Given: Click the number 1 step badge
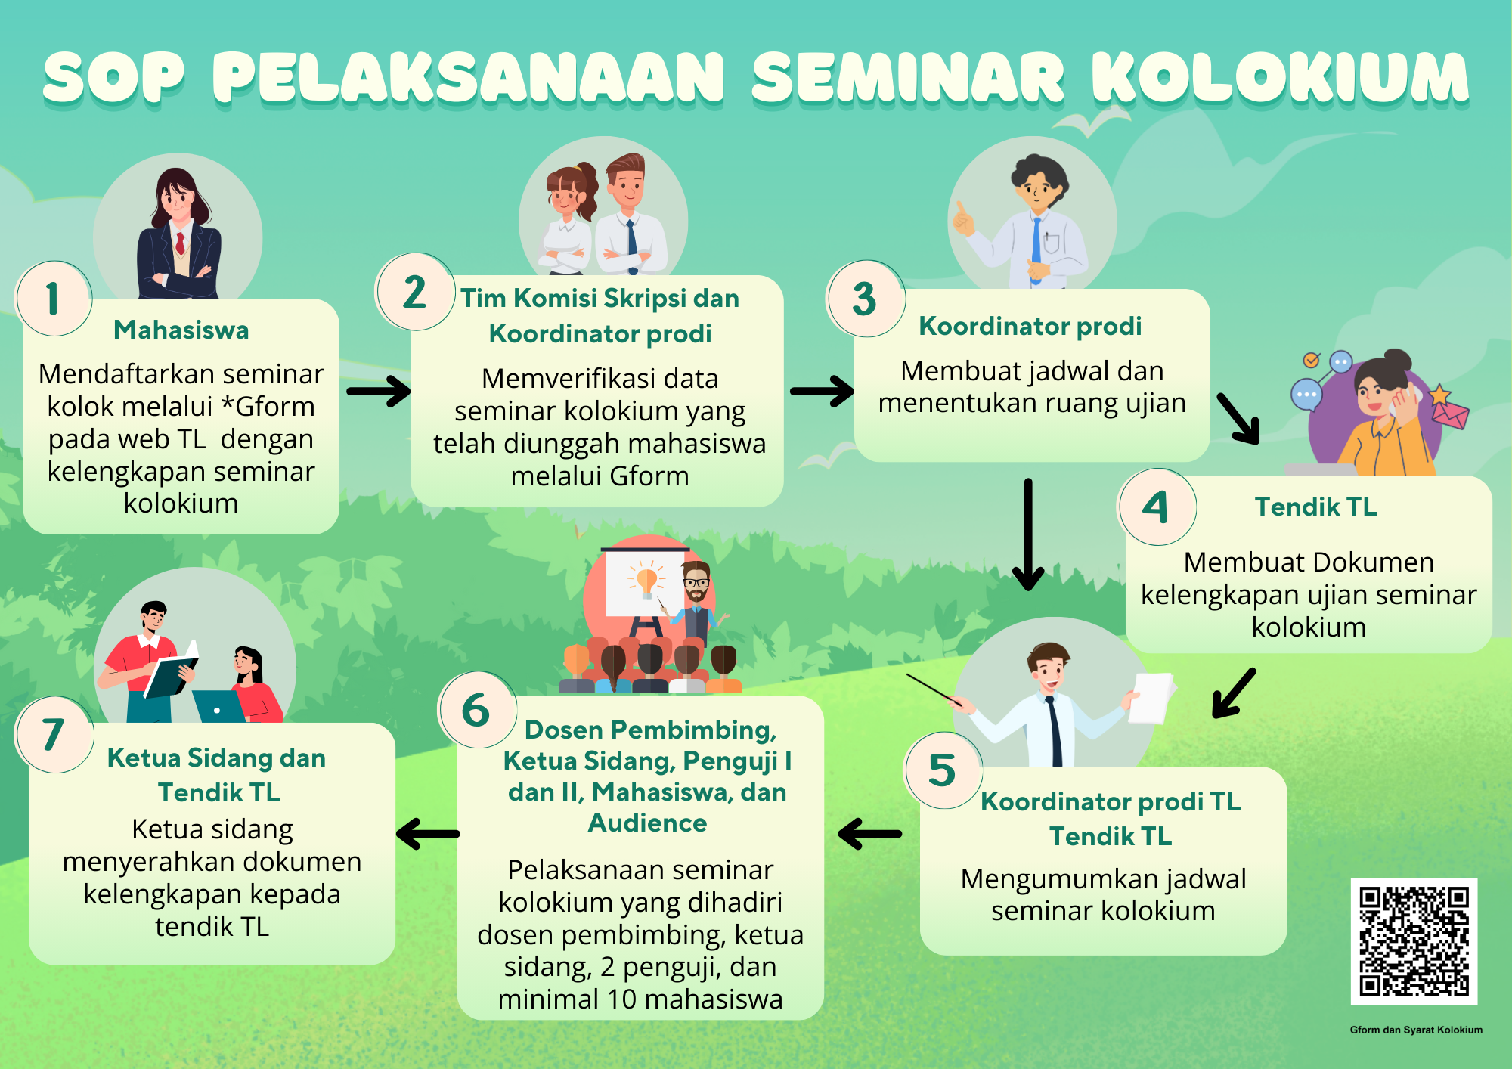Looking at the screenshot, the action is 54,299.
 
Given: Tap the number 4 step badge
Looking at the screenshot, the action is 1157,507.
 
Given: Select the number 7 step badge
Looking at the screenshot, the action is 54,735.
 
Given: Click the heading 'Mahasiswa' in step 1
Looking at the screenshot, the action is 181,330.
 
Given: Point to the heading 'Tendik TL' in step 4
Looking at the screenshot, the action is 1316,507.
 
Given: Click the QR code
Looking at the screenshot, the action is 1414,941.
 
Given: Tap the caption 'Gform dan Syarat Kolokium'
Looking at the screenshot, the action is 1416,1030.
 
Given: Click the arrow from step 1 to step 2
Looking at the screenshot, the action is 378,391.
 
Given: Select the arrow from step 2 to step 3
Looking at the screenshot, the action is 822,391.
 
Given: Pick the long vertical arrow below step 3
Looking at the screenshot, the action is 1028,534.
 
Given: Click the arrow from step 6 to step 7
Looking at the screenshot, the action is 428,835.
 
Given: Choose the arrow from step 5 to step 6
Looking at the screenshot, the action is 869,835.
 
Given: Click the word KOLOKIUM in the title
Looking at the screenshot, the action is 1281,77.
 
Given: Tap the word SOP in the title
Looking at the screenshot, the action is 113,77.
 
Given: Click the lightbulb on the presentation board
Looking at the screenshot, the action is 646,581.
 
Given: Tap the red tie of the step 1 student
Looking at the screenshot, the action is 180,243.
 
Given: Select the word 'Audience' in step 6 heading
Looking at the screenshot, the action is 648,823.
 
